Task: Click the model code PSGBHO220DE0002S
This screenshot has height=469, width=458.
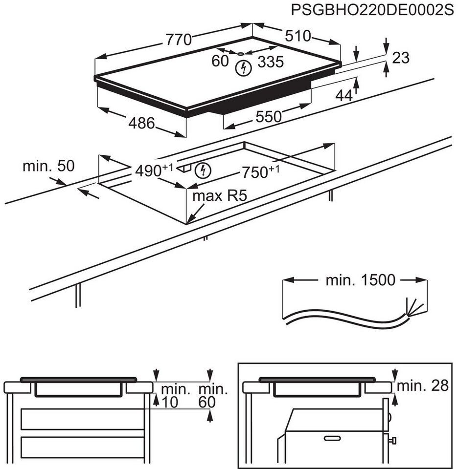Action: click(x=372, y=9)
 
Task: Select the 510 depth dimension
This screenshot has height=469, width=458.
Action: click(x=298, y=36)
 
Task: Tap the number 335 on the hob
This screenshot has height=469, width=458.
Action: click(x=271, y=62)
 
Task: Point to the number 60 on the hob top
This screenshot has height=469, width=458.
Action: click(x=221, y=61)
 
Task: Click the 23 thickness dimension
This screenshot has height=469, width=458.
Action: click(x=401, y=58)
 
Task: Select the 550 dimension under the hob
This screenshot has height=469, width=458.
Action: click(x=269, y=116)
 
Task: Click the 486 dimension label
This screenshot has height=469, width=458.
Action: click(x=141, y=124)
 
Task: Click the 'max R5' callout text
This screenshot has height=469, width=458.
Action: click(x=220, y=196)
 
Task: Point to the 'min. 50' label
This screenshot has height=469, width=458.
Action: click(x=48, y=166)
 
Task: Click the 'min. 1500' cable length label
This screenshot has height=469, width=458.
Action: click(x=360, y=280)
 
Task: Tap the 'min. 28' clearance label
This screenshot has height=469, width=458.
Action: click(x=423, y=386)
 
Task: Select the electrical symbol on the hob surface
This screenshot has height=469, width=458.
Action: click(x=242, y=68)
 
